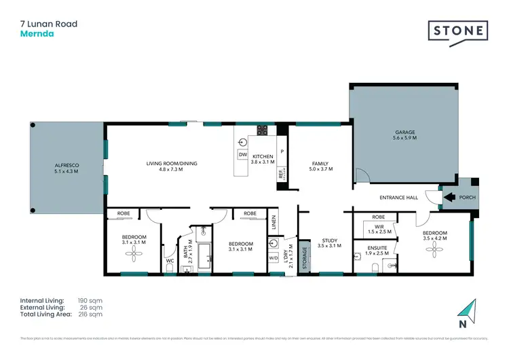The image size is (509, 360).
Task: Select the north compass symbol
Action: (468, 312)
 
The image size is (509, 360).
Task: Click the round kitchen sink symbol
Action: (243, 143)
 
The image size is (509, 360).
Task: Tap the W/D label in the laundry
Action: (273, 257)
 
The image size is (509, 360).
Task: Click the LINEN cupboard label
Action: (274, 222)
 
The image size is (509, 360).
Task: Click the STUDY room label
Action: (331, 240)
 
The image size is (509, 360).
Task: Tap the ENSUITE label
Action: (378, 248)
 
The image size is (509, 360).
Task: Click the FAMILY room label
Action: (320, 164)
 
